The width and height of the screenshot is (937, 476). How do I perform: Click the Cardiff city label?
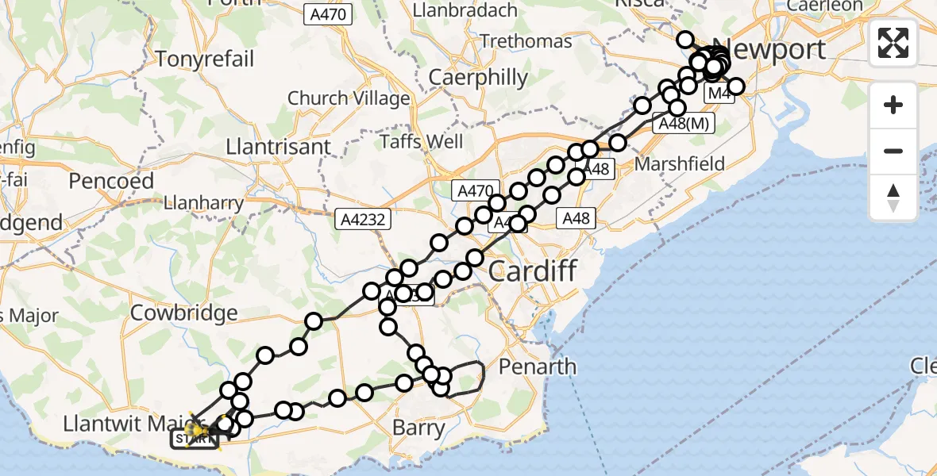tap(532, 271)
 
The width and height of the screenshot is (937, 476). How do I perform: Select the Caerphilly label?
tap(478, 78)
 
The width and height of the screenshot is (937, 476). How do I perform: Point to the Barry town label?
tap(419, 428)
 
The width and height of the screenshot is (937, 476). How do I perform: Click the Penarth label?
tap(538, 367)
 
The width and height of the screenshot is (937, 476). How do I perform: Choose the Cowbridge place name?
tap(184, 313)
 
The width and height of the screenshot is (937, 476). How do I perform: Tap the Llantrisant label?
tap(267, 148)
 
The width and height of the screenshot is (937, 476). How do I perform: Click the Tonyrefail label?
tap(205, 59)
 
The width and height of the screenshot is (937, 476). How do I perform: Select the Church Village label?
tap(349, 98)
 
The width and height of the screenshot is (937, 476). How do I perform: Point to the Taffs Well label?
tap(422, 142)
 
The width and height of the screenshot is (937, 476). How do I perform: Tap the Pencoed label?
tap(111, 181)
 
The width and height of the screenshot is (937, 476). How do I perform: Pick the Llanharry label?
tap(203, 203)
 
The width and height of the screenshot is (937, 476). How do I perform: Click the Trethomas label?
tap(526, 41)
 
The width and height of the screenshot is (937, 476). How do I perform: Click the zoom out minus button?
tap(893, 152)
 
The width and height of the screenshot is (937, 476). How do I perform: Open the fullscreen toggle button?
tap(893, 43)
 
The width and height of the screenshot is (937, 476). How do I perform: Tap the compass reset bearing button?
tap(893, 198)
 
